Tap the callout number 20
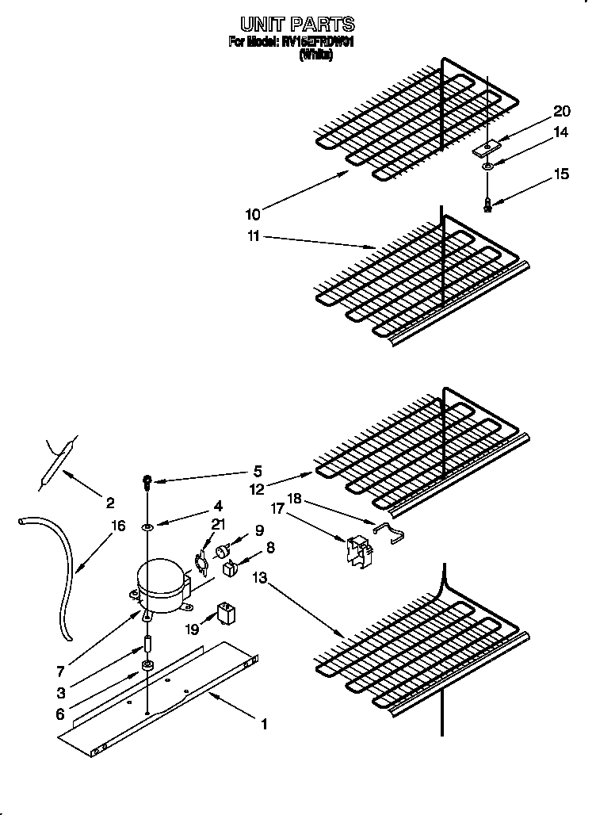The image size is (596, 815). (561, 111)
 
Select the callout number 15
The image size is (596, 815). (561, 174)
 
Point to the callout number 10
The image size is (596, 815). (253, 213)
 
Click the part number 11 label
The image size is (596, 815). (253, 237)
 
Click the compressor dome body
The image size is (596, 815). (161, 586)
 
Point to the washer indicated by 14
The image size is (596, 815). (488, 166)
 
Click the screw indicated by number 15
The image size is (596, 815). (488, 205)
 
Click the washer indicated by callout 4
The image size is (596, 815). (147, 526)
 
